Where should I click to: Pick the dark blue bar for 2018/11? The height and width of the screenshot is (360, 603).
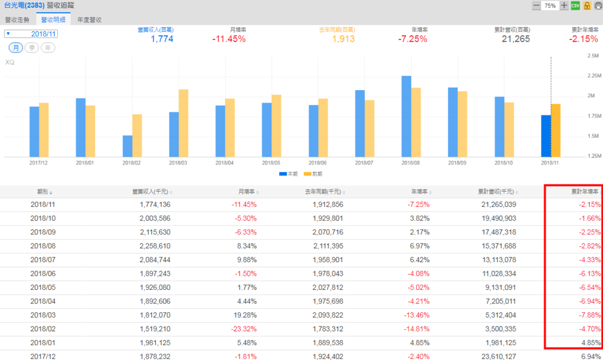point(546,136)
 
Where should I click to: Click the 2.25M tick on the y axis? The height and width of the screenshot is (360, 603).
point(593,75)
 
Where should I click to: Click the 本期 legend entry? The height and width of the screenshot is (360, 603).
point(289,174)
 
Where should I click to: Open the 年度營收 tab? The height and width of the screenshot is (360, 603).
point(90,19)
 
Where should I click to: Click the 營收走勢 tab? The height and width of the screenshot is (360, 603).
point(17,19)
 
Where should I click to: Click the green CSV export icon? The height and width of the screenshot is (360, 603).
point(575,5)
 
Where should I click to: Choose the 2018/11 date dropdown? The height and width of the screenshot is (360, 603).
point(30,34)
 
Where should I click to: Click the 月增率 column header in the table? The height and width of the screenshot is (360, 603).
point(246,191)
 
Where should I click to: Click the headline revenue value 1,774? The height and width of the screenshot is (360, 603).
point(162,39)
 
